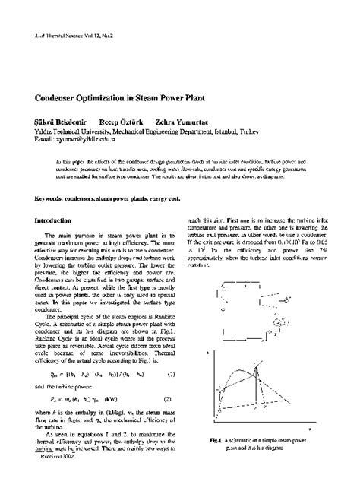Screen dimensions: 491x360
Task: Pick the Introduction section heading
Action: tap(59, 221)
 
